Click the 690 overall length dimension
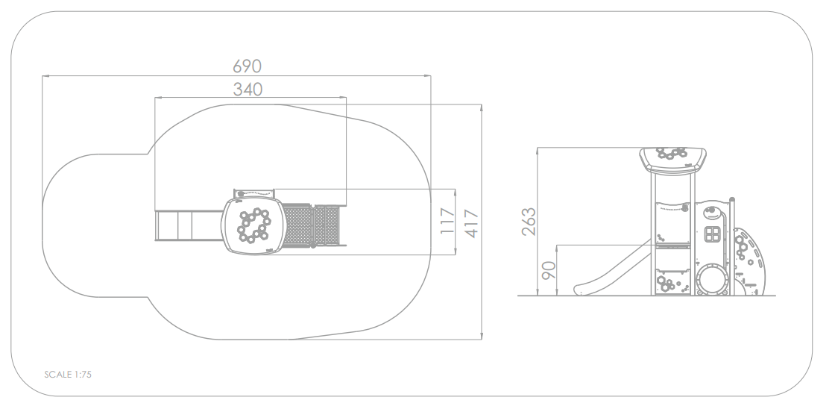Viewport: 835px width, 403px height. point(247,66)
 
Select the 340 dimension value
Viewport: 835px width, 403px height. point(248,89)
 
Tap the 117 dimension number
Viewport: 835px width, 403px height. point(447,221)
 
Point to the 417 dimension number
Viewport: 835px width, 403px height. point(471,224)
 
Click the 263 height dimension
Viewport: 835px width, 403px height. point(529,222)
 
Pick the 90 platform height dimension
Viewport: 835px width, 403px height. point(549,270)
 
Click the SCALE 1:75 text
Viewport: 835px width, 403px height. point(68,375)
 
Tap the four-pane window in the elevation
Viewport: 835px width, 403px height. point(713,234)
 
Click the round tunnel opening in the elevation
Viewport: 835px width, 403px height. point(713,279)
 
